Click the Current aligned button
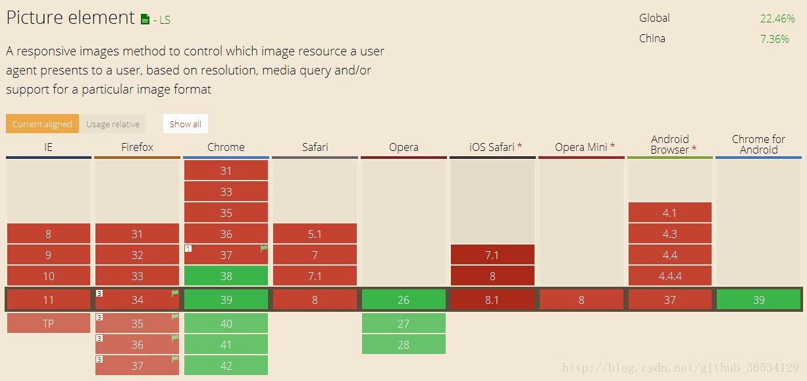pos(42,124)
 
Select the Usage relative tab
pos(113,124)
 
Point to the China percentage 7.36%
pos(774,39)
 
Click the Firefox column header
pos(137,147)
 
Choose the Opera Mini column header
pos(581,147)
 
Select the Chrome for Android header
pos(758,144)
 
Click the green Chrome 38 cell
pos(226,276)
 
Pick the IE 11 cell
pos(48,299)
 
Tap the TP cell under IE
pos(48,323)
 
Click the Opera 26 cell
pos(403,299)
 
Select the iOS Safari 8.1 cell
pos(492,299)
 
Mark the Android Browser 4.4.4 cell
pos(669,276)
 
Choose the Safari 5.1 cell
pos(315,233)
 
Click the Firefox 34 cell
pos(137,299)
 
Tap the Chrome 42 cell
pos(226,365)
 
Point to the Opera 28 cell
pos(403,344)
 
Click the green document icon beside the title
pos(145,19)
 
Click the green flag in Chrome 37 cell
pos(263,249)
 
